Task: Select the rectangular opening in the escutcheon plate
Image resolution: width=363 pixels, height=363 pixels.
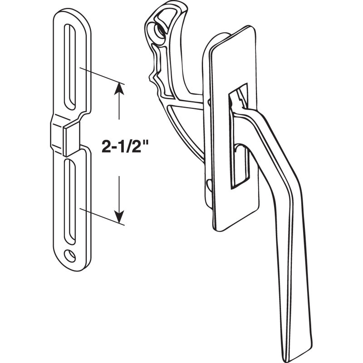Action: (x=236, y=136)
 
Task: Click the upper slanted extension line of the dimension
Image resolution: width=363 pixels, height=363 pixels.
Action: (x=102, y=76)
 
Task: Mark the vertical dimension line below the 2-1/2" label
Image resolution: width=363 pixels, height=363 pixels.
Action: (x=119, y=191)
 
